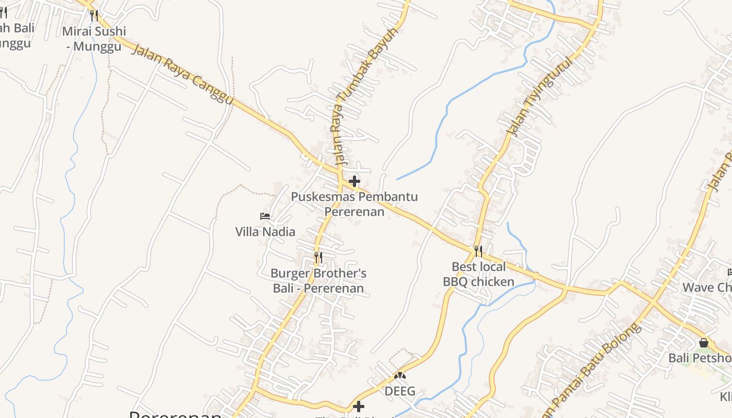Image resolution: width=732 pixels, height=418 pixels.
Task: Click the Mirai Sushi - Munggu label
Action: click(x=94, y=39)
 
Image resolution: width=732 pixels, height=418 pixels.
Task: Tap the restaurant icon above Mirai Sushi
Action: click(x=94, y=15)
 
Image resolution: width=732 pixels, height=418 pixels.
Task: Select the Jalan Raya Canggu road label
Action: click(x=181, y=74)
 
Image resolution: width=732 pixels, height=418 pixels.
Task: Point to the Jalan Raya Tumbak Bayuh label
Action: click(x=366, y=96)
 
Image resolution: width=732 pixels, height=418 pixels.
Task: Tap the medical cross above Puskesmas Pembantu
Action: click(x=354, y=181)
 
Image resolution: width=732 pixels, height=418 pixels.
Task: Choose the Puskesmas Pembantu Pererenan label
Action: click(x=354, y=204)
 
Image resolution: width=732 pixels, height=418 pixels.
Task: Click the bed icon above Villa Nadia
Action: click(x=265, y=216)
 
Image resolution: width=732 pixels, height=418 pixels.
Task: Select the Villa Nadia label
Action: click(x=265, y=231)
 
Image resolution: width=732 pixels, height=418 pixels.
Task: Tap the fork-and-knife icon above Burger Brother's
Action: click(x=318, y=258)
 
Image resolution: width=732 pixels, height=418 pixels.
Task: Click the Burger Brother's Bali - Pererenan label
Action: click(x=318, y=281)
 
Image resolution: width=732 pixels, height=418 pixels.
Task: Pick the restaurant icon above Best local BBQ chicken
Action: click(x=478, y=251)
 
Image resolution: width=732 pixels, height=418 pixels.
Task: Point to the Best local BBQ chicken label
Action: click(x=478, y=274)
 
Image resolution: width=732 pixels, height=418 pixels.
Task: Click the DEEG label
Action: click(x=400, y=391)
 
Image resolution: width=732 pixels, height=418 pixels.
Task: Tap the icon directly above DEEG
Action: click(x=400, y=375)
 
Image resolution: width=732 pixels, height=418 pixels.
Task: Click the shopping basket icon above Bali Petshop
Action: click(x=704, y=343)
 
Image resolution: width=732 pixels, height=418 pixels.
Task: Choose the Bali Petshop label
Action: click(x=700, y=358)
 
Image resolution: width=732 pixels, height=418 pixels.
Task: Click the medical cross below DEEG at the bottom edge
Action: click(x=359, y=406)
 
